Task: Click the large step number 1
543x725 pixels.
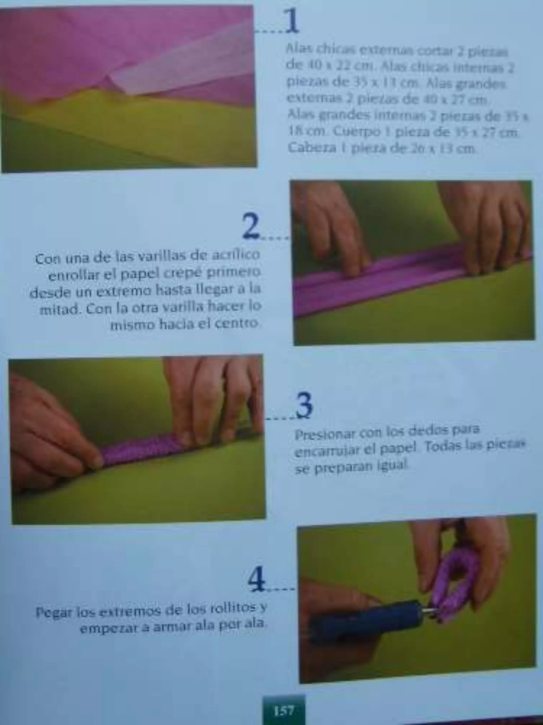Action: pyautogui.click(x=292, y=21)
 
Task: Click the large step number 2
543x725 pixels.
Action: pyautogui.click(x=251, y=226)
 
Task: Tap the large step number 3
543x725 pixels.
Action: pyautogui.click(x=304, y=405)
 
